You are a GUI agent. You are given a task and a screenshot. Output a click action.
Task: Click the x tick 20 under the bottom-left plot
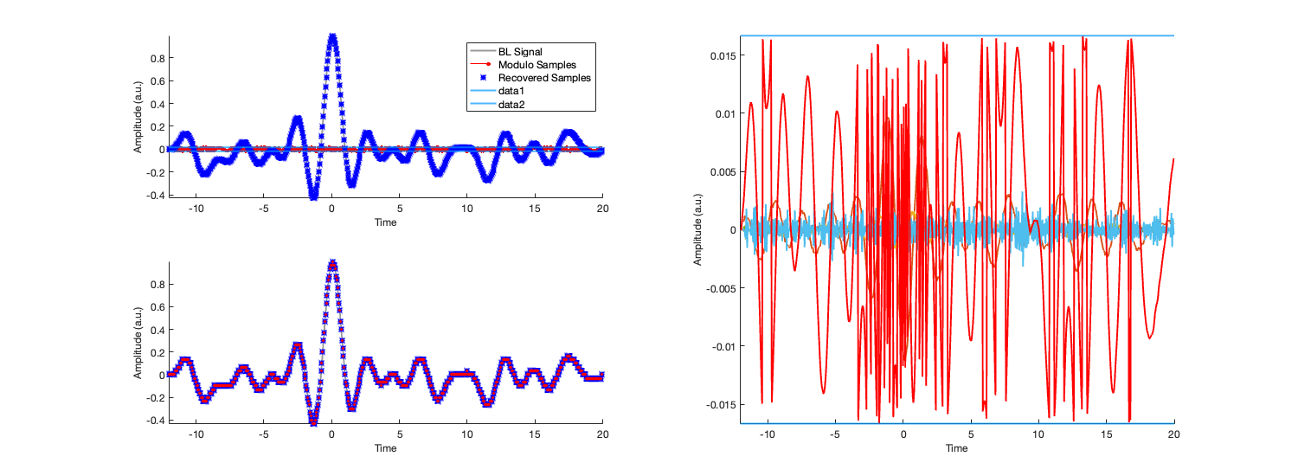(602, 435)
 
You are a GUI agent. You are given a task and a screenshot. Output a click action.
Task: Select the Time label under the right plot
(956, 448)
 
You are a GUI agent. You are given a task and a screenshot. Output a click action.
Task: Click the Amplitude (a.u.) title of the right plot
(697, 229)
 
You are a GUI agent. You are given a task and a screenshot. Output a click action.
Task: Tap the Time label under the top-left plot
(386, 222)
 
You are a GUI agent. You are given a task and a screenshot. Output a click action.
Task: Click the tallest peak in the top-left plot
(332, 36)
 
